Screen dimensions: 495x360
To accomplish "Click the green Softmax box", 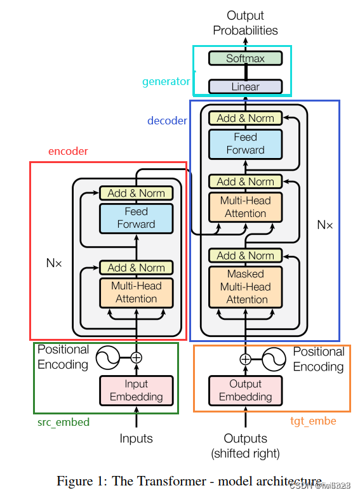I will coord(245,58).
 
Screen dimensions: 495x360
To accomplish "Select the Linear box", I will coord(245,86).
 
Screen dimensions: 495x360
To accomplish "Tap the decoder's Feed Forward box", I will coord(245,143).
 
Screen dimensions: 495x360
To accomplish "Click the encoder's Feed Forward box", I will coord(136,218).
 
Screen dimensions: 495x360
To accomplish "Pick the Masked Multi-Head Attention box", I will coord(245,286).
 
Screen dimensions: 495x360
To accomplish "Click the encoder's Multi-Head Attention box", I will coord(136,293).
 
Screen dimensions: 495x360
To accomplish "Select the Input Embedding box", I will coord(136,390).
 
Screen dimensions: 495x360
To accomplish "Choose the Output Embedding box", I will coord(245,390).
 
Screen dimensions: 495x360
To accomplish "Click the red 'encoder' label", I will coord(68,152).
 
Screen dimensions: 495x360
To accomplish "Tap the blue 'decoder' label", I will coord(167,121).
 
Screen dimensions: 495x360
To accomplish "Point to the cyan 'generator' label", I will coord(166,81).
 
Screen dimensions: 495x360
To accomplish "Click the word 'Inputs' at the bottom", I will coord(136,439).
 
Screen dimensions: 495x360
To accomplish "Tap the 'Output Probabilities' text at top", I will coord(245,23).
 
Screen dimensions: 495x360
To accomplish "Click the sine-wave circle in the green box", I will coord(108,358).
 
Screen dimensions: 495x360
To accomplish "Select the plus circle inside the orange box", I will coord(245,359).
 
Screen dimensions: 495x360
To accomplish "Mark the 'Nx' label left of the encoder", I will coord(54,262).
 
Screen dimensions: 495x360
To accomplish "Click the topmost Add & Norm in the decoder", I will coord(245,118).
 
